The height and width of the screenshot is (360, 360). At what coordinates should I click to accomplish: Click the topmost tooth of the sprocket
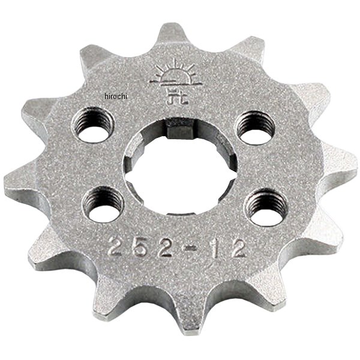click(x=173, y=33)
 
